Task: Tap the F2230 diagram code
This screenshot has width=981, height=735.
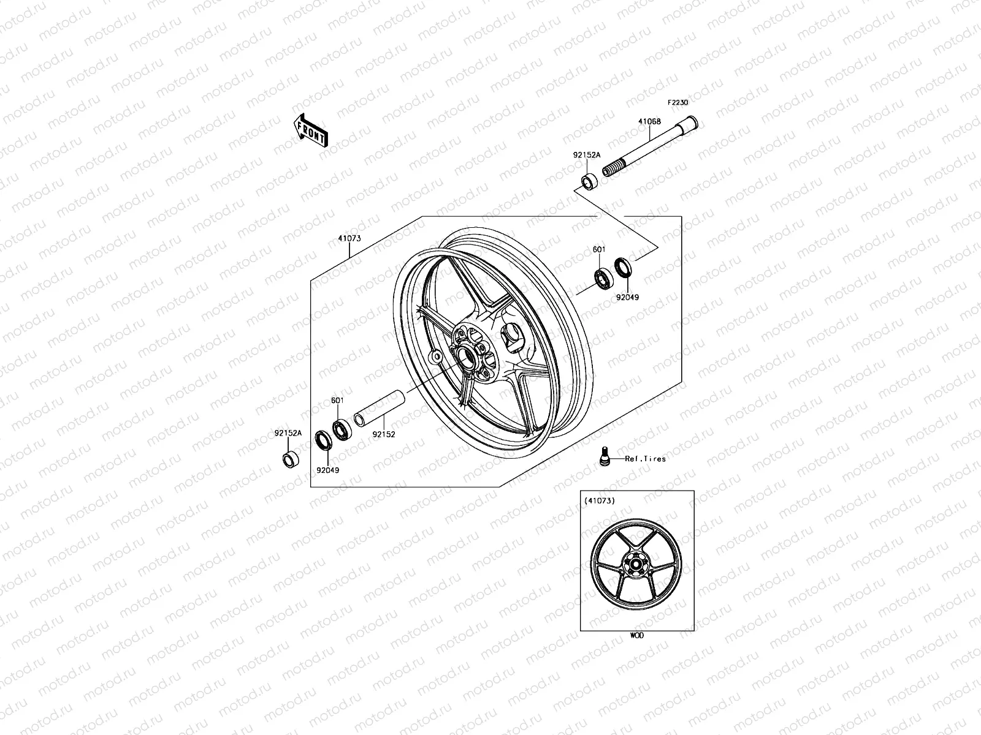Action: pos(678,103)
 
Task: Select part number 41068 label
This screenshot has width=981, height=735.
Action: pos(649,121)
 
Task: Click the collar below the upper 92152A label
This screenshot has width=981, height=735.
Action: pos(589,182)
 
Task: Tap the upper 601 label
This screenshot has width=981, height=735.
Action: pos(599,250)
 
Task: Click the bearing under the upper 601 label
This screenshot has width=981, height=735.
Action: pos(603,277)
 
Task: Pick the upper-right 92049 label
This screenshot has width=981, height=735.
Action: pos(627,297)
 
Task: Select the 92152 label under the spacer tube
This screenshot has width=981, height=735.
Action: pos(384,434)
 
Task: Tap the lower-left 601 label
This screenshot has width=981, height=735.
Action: pos(338,401)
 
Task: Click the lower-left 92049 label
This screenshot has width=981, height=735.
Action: pos(328,470)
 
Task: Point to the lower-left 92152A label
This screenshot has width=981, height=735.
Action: pos(288,433)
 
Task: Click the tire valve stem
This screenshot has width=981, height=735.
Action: pos(604,456)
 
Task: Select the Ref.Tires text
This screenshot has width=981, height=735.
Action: pos(645,459)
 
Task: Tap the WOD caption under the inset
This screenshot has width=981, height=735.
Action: pos(637,636)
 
